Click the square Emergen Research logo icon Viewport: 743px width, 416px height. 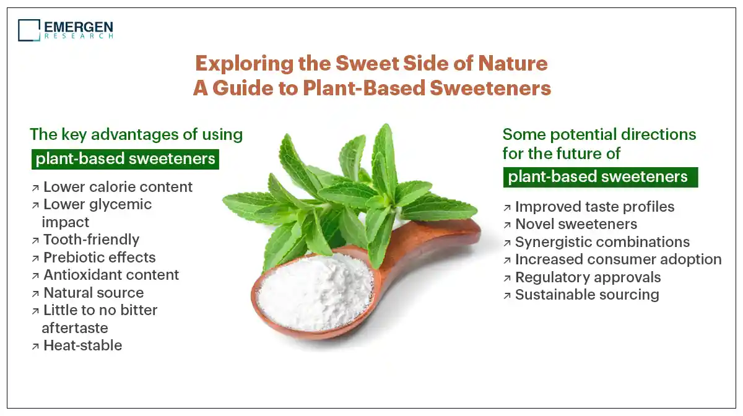(29, 30)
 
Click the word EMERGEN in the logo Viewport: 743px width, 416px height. (79, 27)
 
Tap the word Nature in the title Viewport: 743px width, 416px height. (513, 63)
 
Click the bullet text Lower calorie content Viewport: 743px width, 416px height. (118, 187)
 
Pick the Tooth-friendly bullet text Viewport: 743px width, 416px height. (91, 240)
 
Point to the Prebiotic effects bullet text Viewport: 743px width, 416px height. (100, 258)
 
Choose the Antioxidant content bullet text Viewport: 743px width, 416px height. (111, 275)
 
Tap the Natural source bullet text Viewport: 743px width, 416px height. (93, 293)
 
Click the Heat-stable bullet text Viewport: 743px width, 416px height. (82, 345)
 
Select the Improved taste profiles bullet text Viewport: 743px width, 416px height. (595, 207)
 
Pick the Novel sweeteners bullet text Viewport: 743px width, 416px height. (576, 224)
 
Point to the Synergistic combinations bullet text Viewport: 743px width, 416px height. (602, 242)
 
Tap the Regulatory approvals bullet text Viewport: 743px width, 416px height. (588, 277)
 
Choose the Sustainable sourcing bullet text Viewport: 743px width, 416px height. (587, 295)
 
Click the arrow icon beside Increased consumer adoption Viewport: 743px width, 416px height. (507, 261)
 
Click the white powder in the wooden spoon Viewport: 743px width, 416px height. (315, 292)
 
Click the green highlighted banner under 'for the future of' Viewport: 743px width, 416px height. (601, 178)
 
